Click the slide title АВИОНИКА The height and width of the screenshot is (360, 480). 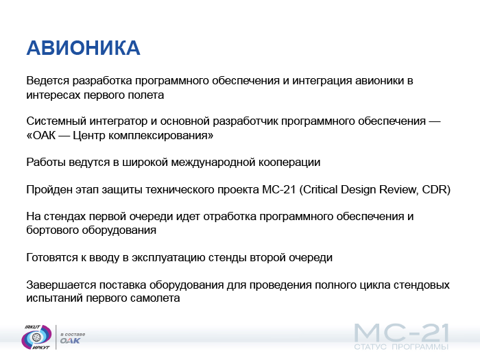pos(83,48)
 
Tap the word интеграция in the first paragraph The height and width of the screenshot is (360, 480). pos(322,80)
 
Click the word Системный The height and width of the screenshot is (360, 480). pos(56,121)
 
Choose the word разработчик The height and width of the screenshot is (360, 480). pos(245,121)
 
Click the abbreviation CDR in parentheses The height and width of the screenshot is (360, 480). pos(435,189)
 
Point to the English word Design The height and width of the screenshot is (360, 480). pos(359,189)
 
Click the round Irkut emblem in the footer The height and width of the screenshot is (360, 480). pos(36,337)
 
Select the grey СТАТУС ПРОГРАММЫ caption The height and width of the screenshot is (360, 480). pos(401,347)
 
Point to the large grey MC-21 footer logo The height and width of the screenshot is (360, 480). pos(401,333)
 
